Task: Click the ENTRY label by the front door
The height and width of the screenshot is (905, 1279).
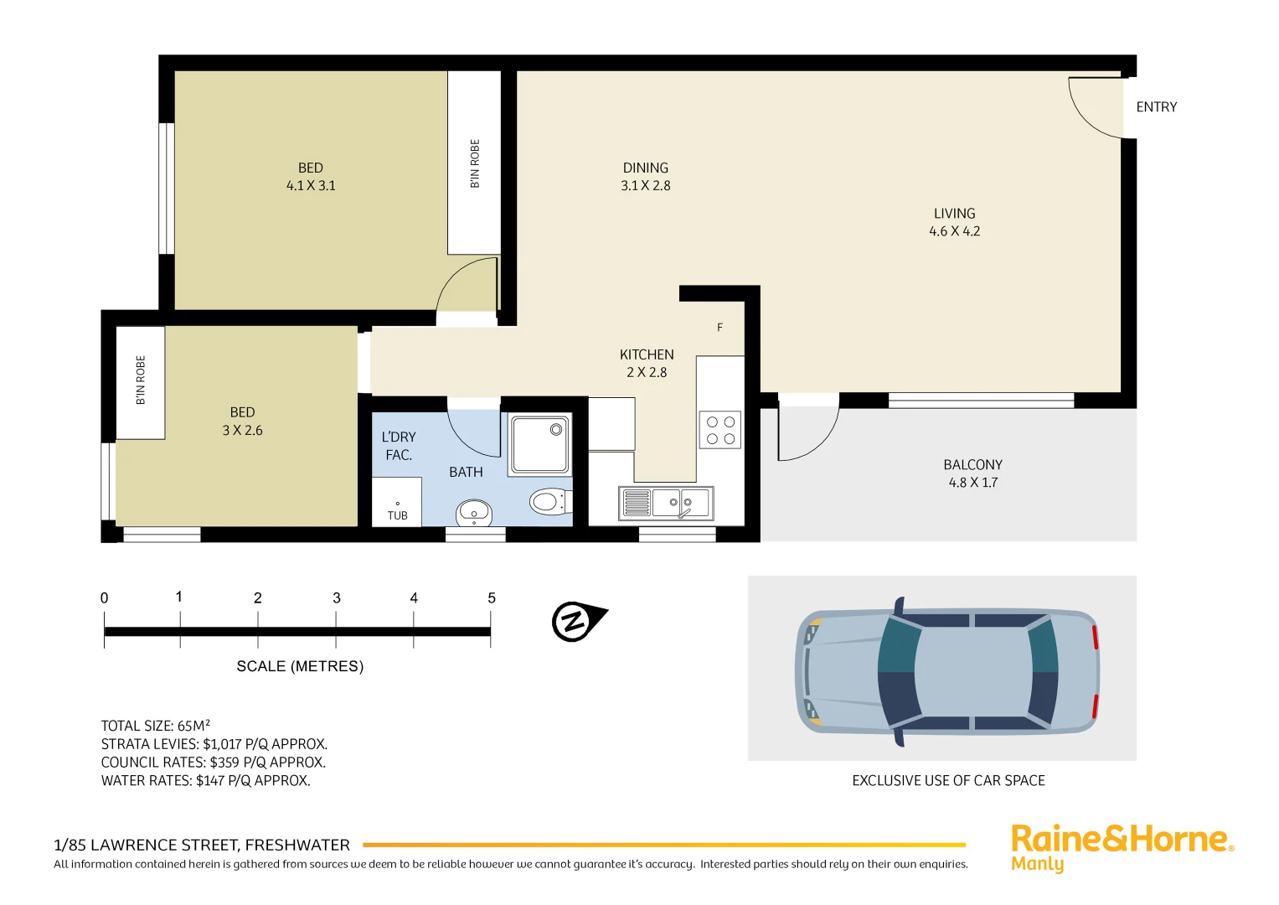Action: point(1156,107)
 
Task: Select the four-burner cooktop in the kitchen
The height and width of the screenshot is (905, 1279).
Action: point(720,430)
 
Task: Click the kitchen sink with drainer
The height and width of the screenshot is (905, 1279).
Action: point(666,503)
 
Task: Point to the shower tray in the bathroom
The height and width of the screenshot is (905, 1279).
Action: point(540,444)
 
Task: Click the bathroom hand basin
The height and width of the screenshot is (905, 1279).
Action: point(474,512)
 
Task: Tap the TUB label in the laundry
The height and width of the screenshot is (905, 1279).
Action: point(397,515)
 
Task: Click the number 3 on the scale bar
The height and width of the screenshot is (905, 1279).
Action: point(337,598)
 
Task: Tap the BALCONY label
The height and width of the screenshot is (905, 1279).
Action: point(972,465)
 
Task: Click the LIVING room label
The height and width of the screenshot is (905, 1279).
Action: point(954,214)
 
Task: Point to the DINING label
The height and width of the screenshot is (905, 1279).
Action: point(645,168)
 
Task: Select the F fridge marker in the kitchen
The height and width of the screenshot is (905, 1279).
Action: point(719,328)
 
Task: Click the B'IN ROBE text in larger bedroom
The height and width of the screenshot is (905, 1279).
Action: point(475,163)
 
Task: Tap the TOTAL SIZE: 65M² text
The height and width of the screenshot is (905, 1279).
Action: point(156,726)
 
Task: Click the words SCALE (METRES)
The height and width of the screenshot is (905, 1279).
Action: point(300,666)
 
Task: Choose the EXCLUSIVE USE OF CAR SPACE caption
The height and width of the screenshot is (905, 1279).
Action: point(948,781)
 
